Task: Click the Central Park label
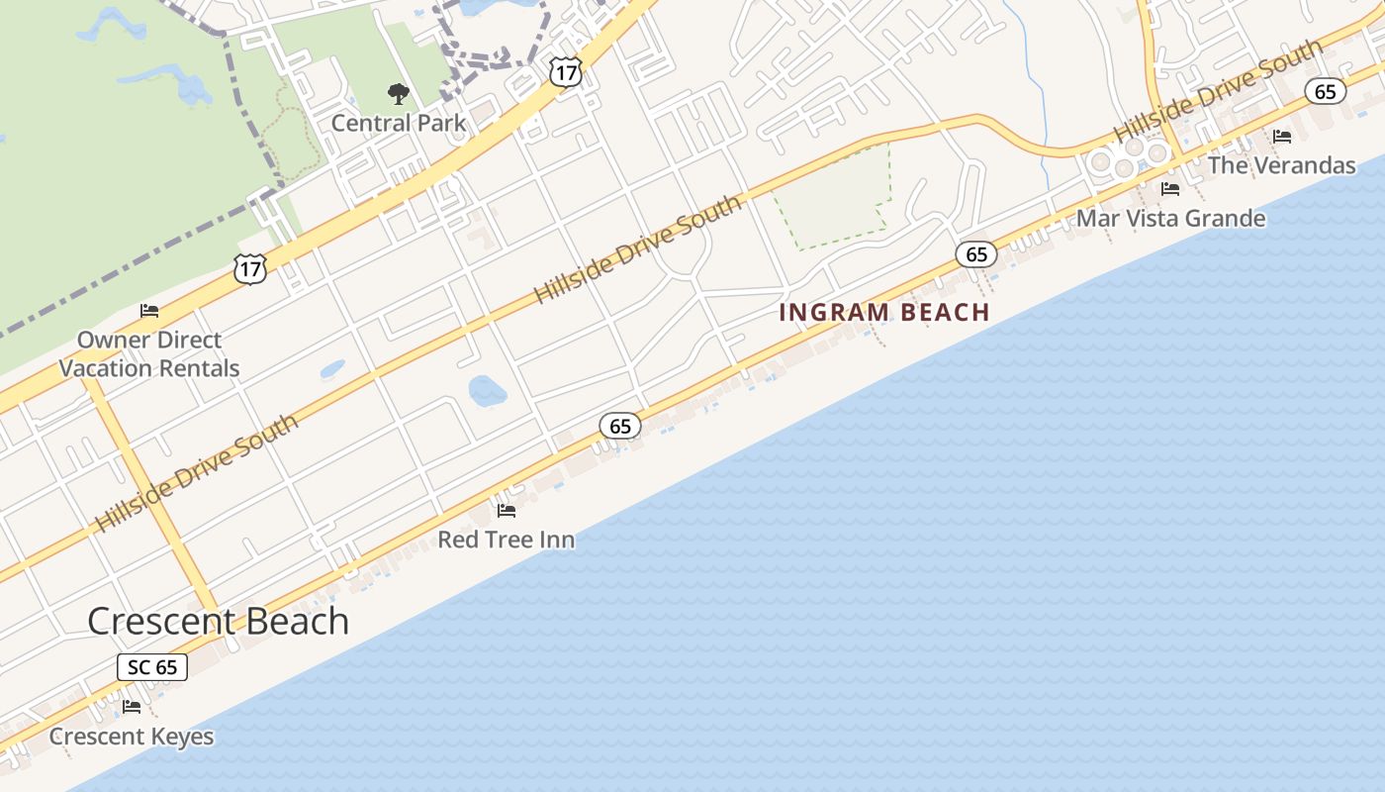398,123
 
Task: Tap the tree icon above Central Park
398,95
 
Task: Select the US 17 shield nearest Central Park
565,71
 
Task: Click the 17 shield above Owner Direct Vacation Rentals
250,268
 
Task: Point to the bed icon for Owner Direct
149,311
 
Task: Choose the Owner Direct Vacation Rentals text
149,353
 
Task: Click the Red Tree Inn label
506,540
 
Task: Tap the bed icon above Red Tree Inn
507,511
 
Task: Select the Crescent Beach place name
218,621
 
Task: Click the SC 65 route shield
152,666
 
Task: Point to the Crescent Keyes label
132,737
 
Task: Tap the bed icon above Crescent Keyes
132,707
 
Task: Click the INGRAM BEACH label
884,313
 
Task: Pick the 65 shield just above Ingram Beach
976,254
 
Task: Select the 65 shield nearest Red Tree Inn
620,427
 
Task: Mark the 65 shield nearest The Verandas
1325,92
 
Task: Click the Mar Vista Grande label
1170,218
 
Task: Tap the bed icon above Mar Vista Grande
1170,189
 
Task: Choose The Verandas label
1281,165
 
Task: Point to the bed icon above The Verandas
1282,137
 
